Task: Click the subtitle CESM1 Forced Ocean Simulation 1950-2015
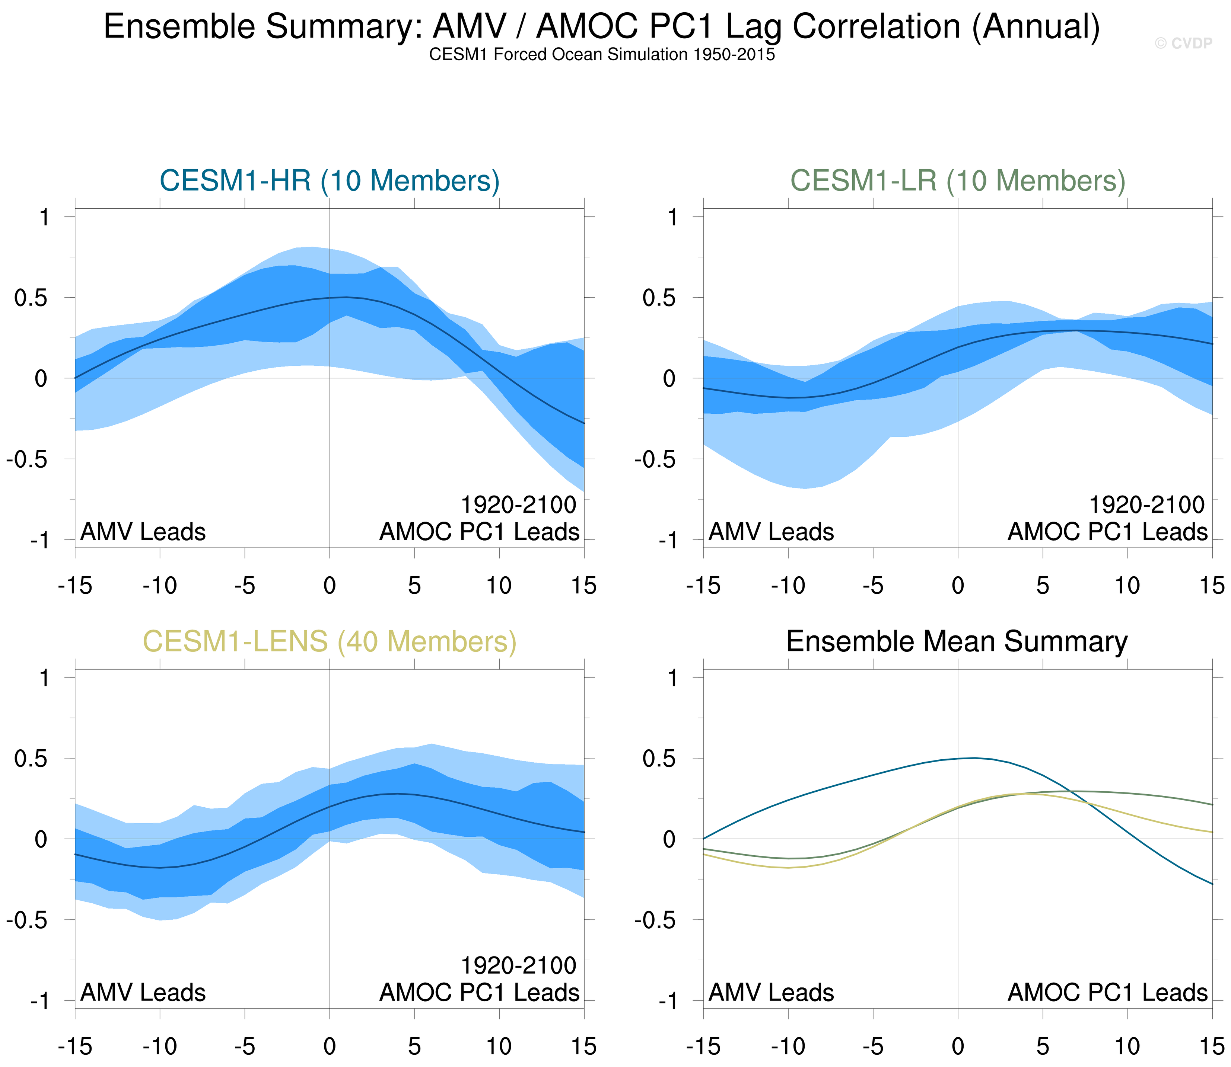coord(602,55)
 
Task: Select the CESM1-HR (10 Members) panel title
coord(330,180)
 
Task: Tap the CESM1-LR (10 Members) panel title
coord(958,180)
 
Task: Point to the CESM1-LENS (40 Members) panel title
coord(330,641)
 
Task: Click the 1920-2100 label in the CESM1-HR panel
coord(518,505)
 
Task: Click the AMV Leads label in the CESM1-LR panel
coord(771,532)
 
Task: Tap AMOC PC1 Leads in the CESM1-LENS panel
coord(479,993)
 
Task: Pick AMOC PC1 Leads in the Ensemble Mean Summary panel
coord(1107,993)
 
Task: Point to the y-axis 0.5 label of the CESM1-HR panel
coord(31,298)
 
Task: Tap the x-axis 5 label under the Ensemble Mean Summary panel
coord(1042,1046)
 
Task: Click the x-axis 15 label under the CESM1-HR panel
coord(584,586)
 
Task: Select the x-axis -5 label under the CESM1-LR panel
coord(872,586)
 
